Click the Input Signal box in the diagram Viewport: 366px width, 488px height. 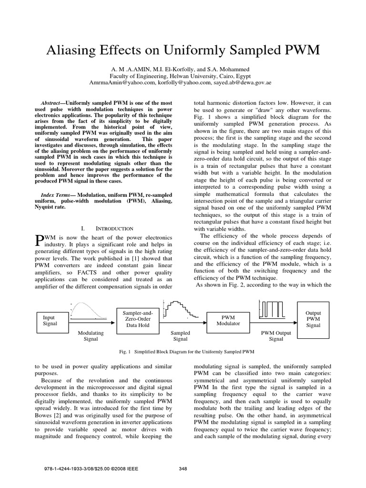coord(49,320)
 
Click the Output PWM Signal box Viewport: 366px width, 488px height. coord(313,319)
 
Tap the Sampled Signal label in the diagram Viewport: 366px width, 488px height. coord(180,336)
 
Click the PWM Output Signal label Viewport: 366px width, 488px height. coord(276,336)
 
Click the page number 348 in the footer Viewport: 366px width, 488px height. coord(183,469)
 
